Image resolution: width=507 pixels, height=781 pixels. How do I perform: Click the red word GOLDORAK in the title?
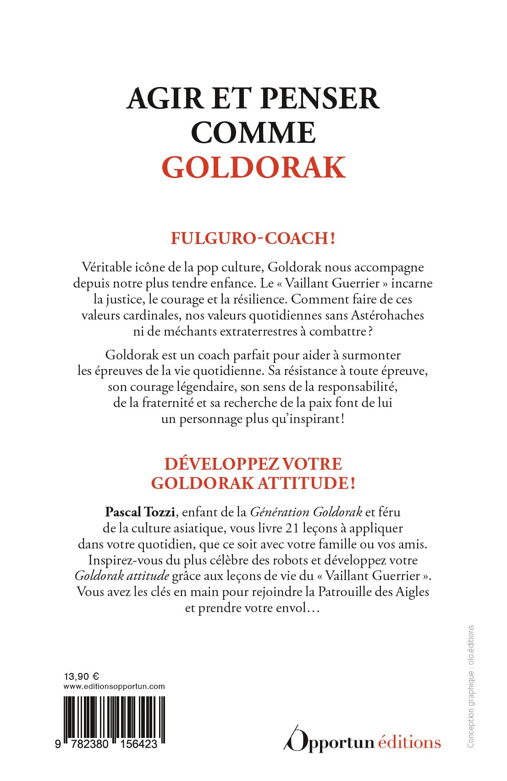click(253, 168)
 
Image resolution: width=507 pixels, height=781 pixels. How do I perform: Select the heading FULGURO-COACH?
click(253, 239)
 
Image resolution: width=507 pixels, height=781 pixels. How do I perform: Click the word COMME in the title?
click(253, 133)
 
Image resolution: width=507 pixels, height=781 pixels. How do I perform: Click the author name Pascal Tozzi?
click(140, 512)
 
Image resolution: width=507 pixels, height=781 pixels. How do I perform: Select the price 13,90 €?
click(82, 677)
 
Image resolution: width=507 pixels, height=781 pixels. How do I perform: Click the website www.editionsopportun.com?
click(114, 686)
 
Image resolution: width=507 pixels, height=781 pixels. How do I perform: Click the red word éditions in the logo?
click(409, 742)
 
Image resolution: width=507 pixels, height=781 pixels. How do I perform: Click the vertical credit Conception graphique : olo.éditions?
click(471, 687)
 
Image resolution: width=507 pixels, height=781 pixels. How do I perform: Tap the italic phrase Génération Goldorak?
click(306, 512)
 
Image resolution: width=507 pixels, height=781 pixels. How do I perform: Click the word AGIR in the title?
click(165, 98)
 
